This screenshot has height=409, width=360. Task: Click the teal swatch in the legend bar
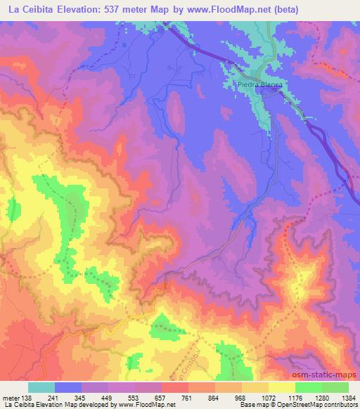click(x=41, y=387)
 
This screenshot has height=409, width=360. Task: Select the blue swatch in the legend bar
click(x=68, y=387)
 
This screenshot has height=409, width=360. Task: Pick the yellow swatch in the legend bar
click(x=281, y=387)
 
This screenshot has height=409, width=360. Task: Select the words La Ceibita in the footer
click(x=20, y=405)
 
